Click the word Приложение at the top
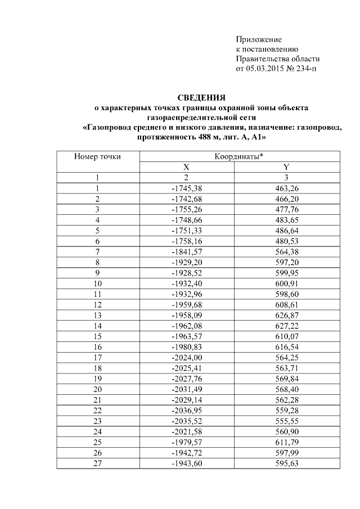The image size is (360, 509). click(x=258, y=39)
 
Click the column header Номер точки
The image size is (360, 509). click(x=97, y=157)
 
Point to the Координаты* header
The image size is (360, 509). click(x=239, y=157)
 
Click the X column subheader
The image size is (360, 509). click(x=186, y=167)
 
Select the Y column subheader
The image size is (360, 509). click(x=286, y=167)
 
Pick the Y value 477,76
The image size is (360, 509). click(x=286, y=209)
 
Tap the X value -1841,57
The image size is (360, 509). click(x=186, y=250)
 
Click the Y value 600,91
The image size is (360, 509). click(x=286, y=281)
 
